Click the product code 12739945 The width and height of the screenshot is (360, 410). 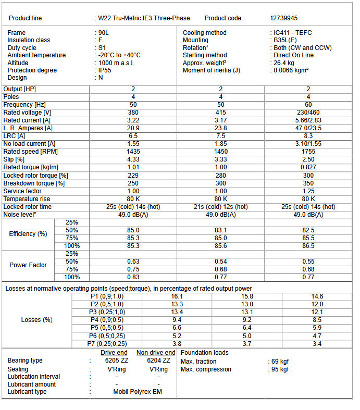point(283,18)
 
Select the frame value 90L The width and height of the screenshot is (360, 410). point(103,33)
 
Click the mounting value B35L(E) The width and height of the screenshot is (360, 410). point(285,40)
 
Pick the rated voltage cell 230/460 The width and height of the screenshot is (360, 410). point(308,113)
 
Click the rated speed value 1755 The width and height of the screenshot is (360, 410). point(308,152)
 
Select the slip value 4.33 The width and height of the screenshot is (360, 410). point(133,159)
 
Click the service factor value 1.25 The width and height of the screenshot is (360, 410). point(308,191)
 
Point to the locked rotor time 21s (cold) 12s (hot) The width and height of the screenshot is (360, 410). point(221,207)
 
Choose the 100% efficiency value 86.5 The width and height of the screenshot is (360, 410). point(308,246)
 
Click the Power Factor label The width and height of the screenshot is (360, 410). point(28,265)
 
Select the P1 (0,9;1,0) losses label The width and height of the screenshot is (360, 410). point(107,296)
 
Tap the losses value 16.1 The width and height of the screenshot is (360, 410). point(177,296)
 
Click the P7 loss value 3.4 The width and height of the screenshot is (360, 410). point(317,344)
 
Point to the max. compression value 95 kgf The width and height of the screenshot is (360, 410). point(281,369)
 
